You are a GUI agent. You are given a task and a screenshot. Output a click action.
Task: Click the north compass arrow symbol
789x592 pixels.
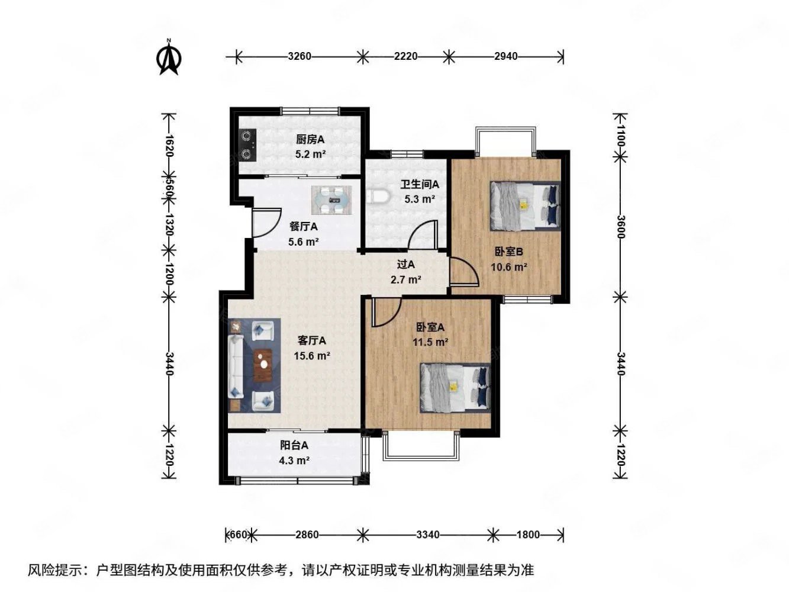(x=169, y=57)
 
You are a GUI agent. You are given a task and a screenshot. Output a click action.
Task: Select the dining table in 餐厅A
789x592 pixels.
(x=331, y=200)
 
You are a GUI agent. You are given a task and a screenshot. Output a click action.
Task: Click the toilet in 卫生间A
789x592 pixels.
(x=378, y=197)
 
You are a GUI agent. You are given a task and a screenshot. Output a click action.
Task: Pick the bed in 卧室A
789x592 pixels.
(x=455, y=388)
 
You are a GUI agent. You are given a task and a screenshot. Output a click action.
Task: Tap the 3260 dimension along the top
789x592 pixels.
(x=299, y=56)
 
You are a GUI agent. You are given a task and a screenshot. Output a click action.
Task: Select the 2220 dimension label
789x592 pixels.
(x=406, y=56)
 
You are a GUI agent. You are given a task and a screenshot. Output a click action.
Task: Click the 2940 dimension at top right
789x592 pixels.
(x=505, y=56)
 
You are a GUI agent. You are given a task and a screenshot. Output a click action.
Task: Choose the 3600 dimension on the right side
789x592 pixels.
(x=620, y=227)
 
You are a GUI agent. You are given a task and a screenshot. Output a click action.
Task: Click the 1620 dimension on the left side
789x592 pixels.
(x=169, y=146)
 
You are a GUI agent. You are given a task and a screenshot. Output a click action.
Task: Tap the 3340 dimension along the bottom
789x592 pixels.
(x=428, y=535)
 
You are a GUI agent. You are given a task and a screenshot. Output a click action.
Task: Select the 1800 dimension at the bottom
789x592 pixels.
(x=528, y=535)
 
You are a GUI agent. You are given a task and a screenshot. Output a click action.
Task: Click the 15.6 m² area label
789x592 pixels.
(x=312, y=356)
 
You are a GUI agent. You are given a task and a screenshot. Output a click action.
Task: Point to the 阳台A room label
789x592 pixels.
(x=294, y=445)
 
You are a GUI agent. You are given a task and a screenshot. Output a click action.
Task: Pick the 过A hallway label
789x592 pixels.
(x=406, y=265)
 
